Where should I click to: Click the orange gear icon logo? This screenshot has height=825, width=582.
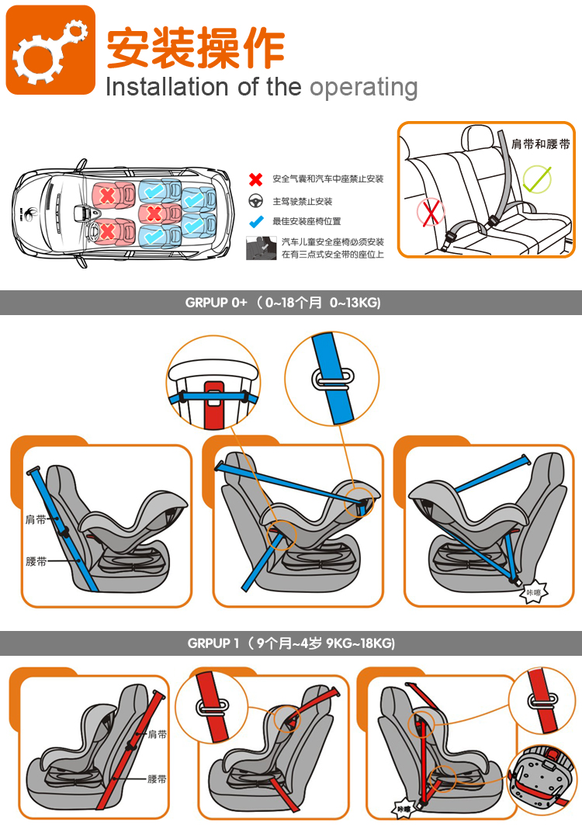50,50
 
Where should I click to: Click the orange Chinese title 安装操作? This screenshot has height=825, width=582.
196,48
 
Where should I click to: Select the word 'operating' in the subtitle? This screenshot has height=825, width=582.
364,88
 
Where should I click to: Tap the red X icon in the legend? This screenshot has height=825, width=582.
256,179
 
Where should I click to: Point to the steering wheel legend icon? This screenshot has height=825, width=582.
256,201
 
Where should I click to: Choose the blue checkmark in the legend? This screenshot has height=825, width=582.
256,221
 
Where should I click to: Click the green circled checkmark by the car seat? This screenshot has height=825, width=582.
537,179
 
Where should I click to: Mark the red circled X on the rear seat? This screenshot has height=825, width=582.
431,212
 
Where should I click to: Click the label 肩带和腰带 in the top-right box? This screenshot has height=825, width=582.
540,144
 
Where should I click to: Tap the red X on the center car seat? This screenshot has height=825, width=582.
154,213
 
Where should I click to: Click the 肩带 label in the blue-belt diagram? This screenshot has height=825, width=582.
36,519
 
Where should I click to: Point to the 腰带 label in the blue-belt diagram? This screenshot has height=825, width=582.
36,561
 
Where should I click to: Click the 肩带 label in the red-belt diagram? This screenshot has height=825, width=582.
157,734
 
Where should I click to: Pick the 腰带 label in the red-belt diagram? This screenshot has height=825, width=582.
157,778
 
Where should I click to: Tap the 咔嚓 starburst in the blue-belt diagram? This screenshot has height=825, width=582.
534,593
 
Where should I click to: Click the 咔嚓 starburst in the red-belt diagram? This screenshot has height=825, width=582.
404,809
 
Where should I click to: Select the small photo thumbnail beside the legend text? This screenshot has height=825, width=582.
261,248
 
